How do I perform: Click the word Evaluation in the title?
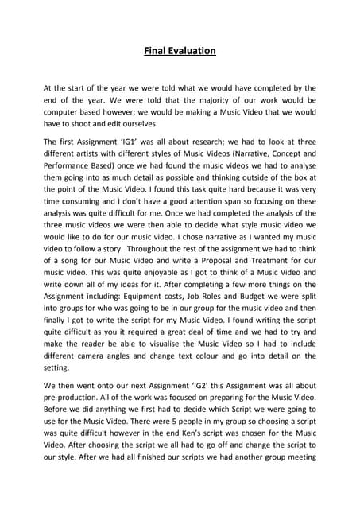pos(191,52)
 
